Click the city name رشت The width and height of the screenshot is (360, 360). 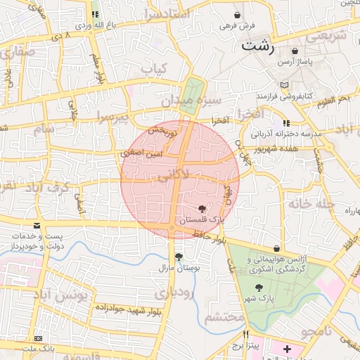(258, 46)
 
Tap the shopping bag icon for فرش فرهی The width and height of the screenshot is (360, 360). (238, 15)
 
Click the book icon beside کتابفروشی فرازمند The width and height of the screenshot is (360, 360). (284, 84)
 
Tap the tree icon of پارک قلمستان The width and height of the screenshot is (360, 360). (202, 209)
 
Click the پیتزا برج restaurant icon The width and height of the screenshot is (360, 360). (245, 334)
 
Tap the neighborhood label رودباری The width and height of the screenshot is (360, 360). (174, 292)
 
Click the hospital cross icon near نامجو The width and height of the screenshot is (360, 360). (287, 349)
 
